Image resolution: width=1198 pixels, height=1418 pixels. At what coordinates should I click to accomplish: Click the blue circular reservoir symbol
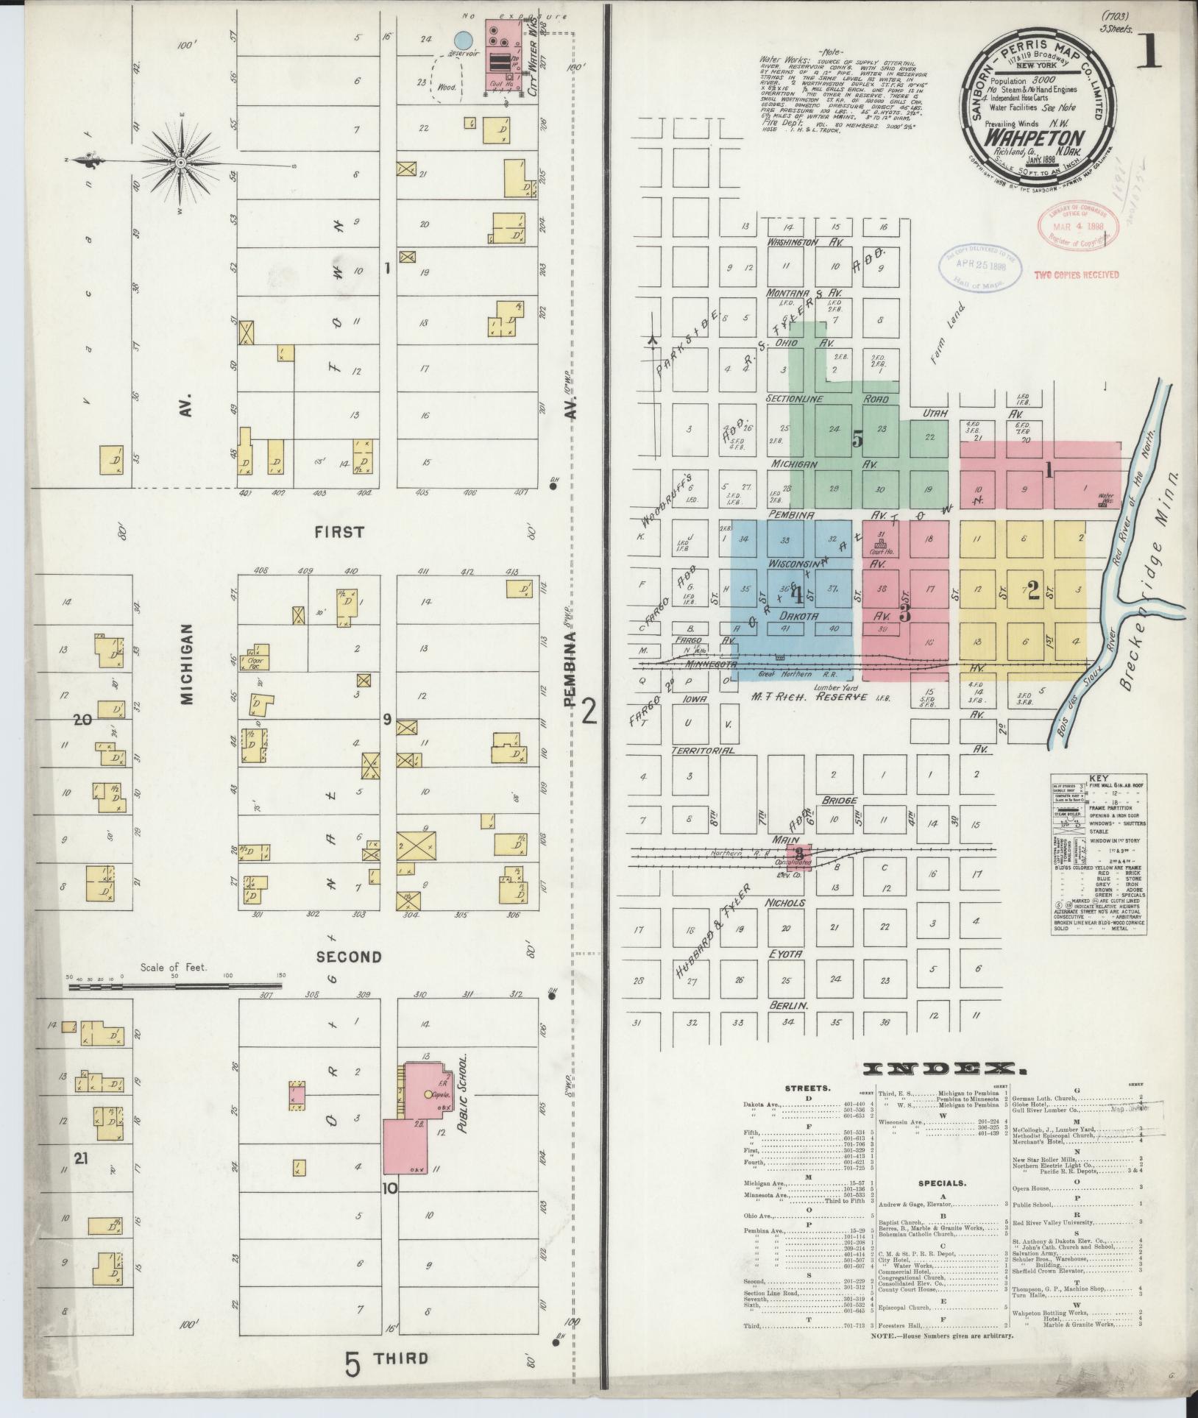462,40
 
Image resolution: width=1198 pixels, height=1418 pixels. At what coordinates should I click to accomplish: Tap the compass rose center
181,162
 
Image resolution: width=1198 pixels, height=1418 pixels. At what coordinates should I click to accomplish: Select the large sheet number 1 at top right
1148,53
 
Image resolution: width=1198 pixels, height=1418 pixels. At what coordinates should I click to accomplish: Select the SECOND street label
349,957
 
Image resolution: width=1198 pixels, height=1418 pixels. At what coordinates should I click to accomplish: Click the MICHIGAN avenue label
187,665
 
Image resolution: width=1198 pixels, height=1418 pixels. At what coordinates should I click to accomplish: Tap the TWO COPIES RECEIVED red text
1077,274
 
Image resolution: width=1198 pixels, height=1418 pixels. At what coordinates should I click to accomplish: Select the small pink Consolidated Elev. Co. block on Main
800,855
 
